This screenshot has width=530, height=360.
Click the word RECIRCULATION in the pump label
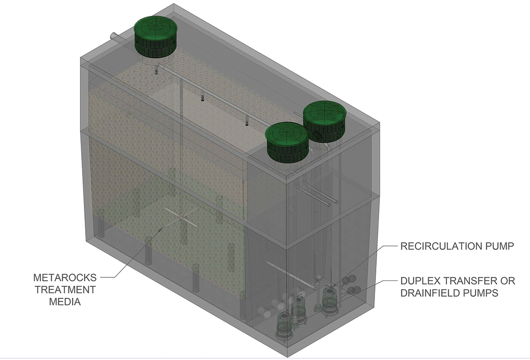(x=441, y=246)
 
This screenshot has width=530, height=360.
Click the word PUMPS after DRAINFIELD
(x=481, y=293)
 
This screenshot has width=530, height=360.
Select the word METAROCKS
(x=65, y=278)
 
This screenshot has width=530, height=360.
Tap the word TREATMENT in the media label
(x=65, y=290)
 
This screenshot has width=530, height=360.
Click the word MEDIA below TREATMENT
(x=65, y=302)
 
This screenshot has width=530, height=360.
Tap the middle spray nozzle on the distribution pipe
(x=202, y=98)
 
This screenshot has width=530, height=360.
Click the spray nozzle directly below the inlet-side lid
(x=156, y=72)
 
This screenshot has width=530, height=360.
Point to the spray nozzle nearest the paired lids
(x=247, y=123)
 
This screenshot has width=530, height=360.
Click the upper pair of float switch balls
(x=349, y=280)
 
